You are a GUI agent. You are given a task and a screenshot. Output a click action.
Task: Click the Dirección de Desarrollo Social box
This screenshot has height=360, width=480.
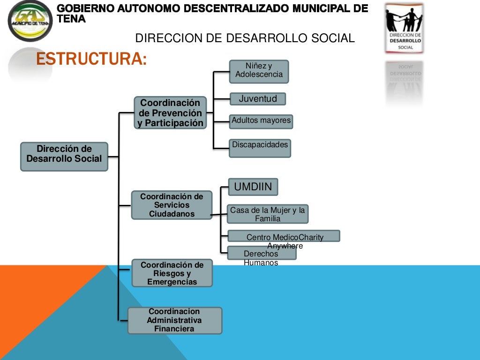tap(64, 156)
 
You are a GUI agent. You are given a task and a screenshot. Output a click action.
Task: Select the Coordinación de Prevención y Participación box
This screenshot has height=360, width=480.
tap(171, 112)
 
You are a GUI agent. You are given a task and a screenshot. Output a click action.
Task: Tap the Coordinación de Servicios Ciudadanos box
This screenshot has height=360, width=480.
tap(172, 205)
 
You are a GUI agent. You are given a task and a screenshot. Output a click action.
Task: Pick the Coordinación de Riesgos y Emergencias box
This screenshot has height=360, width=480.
tap(172, 273)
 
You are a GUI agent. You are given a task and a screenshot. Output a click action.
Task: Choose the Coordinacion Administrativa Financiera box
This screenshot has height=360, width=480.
tap(174, 320)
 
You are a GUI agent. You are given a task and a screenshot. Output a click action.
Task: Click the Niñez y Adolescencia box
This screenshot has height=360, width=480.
tap(259, 71)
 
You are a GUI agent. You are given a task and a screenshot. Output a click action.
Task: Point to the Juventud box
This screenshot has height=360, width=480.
tap(258, 99)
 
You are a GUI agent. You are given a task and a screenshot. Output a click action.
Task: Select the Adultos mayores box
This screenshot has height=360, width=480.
tap(261, 121)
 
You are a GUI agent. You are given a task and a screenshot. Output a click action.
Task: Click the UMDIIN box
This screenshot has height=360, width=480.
tap(253, 187)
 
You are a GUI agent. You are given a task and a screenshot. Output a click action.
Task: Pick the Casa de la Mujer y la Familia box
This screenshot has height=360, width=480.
tap(268, 214)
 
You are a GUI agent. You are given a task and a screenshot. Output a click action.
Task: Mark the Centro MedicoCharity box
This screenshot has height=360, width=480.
tap(284, 236)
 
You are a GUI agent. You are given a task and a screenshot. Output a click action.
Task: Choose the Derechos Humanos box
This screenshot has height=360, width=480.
tap(262, 253)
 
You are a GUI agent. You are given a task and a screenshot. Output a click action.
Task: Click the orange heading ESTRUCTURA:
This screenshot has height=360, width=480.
tap(91, 60)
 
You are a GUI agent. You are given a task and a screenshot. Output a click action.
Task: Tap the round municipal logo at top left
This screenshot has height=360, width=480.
tap(30, 21)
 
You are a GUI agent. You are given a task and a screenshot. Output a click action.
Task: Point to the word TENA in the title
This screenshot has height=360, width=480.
tap(71, 19)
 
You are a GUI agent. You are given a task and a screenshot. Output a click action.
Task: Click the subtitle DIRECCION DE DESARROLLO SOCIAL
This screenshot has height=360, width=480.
tap(245, 38)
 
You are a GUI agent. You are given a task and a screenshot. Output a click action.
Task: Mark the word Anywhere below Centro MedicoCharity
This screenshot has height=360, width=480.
tap(285, 246)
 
